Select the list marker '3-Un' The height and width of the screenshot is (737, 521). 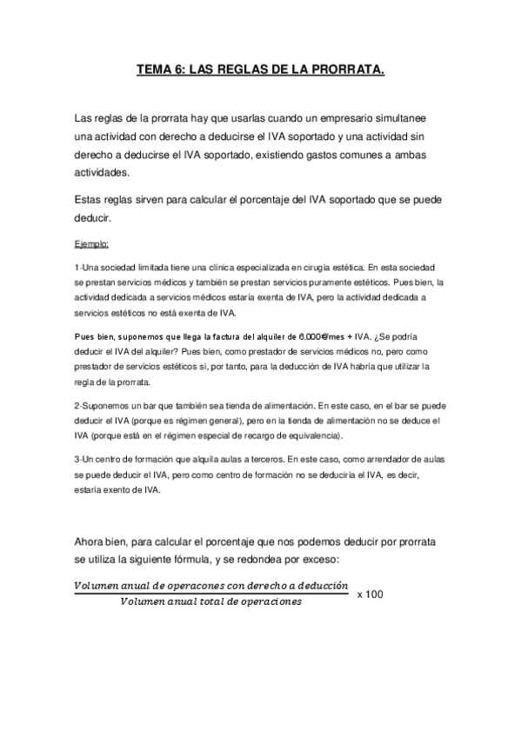coord(86,458)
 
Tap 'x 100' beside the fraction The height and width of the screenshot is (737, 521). coord(371,594)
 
